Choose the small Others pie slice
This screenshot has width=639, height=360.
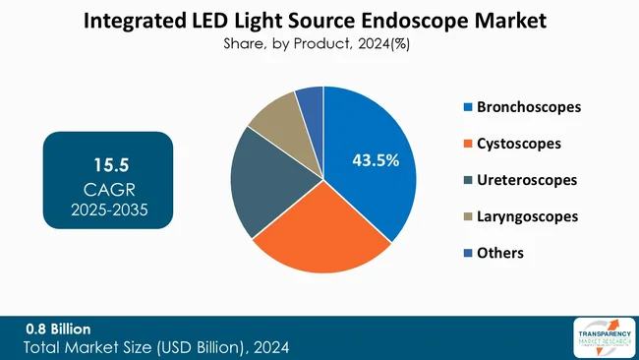pos(311,99)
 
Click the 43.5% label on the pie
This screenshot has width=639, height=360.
pos(376,160)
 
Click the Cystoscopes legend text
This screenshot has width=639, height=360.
pos(519,143)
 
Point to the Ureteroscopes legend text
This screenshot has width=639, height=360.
pos(526,180)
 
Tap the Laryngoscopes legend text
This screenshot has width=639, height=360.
pos(527,216)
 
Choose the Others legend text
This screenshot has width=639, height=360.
pos(500,253)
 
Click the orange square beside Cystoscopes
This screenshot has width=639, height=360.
pos(468,144)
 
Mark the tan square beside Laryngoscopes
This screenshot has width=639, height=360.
pos(468,216)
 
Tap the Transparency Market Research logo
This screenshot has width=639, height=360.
pos(601,337)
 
